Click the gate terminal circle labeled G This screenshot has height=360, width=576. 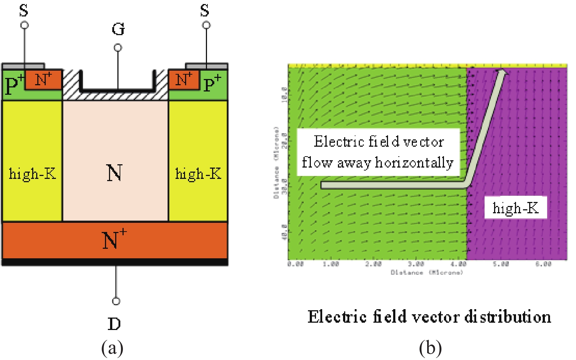coord(118,48)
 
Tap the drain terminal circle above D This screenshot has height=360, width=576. coord(116,301)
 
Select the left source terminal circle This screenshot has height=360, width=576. coord(25,25)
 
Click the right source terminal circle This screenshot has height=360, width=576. coord(206,25)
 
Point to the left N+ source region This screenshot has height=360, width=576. coord(43,79)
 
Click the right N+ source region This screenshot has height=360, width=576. coord(184,79)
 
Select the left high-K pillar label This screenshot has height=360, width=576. coord(32,173)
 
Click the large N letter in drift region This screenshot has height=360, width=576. coord(114,173)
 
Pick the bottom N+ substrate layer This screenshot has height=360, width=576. coord(115,240)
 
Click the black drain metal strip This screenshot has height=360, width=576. coord(115,262)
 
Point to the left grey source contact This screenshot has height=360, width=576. coord(23,66)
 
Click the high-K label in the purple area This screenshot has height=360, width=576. coord(515,208)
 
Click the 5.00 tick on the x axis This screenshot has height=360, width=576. coord(501,264)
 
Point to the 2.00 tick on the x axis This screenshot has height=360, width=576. coord(373,264)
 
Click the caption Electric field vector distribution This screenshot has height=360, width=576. coord(429,317)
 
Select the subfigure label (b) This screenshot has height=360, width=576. coord(430,348)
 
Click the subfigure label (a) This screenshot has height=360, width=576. coord(112,348)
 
